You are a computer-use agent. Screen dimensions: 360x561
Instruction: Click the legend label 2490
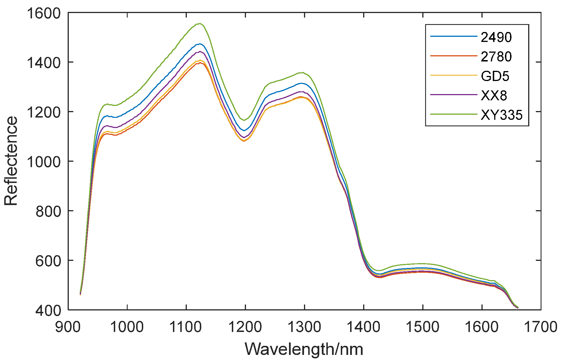[496, 37]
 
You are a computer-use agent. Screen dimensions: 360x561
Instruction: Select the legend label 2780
[496, 57]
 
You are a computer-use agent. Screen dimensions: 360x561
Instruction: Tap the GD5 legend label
[495, 76]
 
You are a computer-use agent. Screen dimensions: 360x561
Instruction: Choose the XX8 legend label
[494, 96]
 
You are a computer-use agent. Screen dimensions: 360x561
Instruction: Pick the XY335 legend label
[502, 115]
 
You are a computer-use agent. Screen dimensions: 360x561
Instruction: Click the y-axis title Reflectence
[11, 161]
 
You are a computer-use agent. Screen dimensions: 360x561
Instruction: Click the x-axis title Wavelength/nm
[304, 349]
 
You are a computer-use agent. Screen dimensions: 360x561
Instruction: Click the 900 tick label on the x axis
[68, 327]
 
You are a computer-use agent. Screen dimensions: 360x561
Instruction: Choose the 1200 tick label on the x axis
[245, 327]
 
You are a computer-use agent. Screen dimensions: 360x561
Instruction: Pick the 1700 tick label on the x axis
[541, 327]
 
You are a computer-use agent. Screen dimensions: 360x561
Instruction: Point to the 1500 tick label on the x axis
[423, 327]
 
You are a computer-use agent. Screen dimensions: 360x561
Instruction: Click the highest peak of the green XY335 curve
[200, 24]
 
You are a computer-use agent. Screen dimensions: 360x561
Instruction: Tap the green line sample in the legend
[454, 114]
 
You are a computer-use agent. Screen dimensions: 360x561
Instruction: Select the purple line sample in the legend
[454, 95]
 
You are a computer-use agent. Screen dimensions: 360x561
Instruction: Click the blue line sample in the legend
[454, 36]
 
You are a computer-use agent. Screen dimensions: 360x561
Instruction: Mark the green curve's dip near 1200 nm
[244, 120]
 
